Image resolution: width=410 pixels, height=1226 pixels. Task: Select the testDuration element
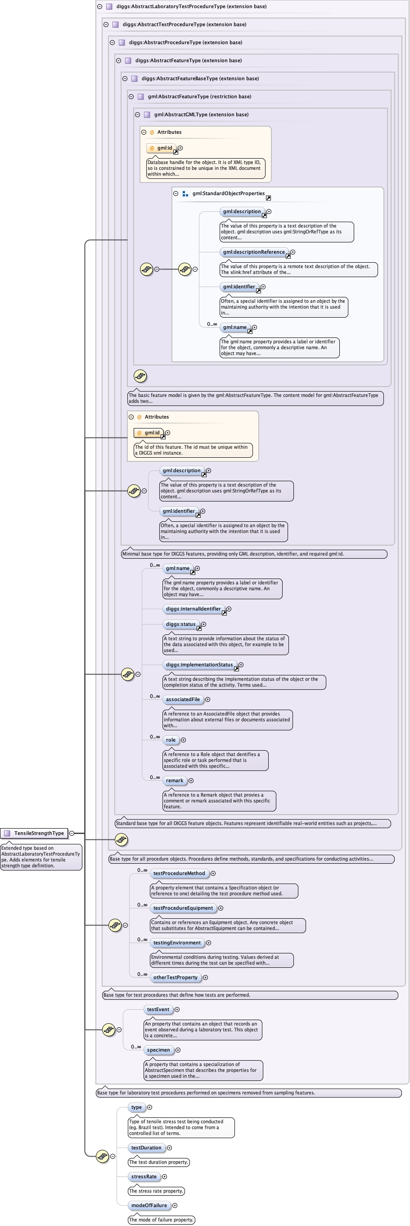tap(146, 1148)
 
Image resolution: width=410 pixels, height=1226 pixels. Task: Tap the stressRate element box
tap(144, 1176)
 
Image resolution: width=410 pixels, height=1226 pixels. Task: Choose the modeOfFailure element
tap(149, 1205)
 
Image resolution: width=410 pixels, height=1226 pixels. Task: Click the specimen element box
tap(158, 1049)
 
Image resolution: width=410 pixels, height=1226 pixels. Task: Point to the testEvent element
tap(158, 1009)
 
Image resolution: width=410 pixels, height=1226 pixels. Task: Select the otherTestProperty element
tap(175, 977)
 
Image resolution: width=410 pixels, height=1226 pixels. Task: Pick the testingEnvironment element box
tap(176, 942)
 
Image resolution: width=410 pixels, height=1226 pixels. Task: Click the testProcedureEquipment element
tap(183, 907)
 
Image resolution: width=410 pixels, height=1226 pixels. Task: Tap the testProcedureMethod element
tap(179, 873)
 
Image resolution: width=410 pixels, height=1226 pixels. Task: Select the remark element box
tap(174, 780)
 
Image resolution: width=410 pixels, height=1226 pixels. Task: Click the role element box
tap(170, 739)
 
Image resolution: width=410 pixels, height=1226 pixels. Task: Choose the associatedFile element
tap(183, 699)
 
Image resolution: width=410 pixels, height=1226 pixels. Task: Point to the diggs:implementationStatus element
tap(199, 665)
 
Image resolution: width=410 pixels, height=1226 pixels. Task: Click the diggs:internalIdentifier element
tap(193, 609)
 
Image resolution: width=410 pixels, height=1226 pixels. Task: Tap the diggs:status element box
tap(180, 624)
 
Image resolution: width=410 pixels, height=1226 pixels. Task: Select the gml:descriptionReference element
tap(254, 252)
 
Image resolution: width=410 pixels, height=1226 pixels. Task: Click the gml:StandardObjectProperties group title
tap(228, 193)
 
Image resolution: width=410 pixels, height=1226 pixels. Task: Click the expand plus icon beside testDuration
tap(169, 1148)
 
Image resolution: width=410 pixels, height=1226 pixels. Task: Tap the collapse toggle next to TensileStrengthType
tap(72, 833)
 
